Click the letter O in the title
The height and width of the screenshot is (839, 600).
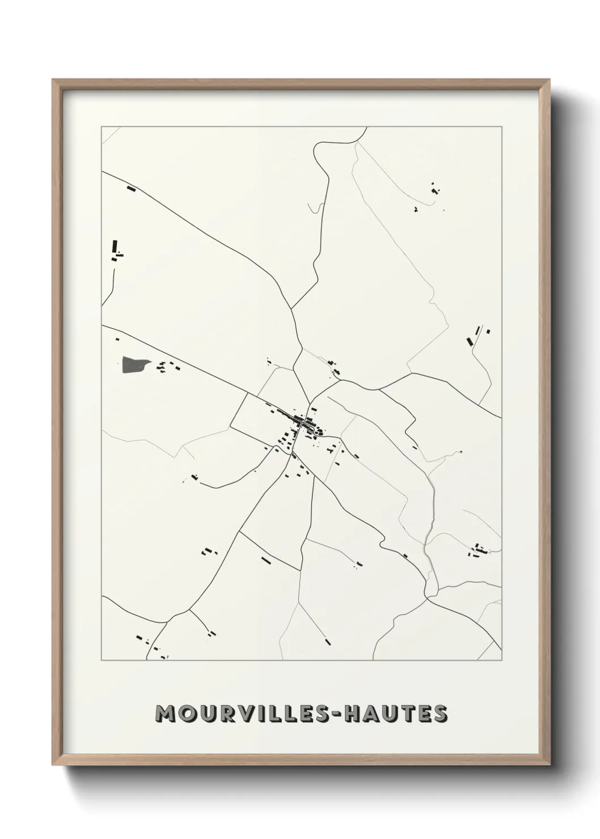coord(191,714)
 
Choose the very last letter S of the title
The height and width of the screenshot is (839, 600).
coord(440,714)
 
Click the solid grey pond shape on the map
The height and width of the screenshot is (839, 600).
coord(133,365)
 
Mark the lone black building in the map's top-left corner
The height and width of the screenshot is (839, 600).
coord(132,188)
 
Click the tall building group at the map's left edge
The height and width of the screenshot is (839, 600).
coord(116,249)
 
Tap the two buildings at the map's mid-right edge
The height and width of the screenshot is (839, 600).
coord(476,336)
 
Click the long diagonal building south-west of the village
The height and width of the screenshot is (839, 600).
coord(265,560)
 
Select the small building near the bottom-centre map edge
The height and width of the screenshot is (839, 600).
coord(327,641)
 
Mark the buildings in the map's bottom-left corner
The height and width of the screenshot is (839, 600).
coord(149,644)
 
